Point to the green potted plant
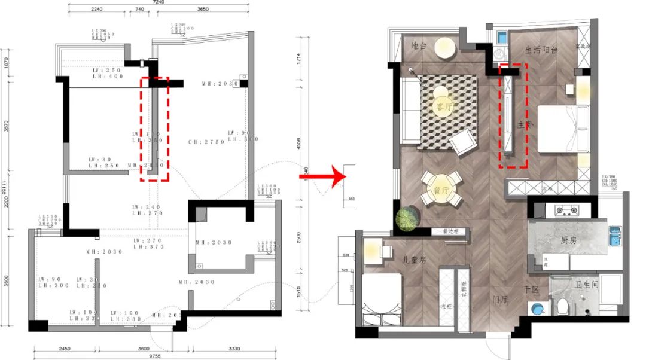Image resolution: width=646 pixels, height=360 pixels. pos(409,219)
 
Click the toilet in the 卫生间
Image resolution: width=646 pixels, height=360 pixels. pos(561,306)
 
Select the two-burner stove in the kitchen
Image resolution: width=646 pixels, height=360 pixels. pos(566,210)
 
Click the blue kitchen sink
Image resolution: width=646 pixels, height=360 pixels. pos(614,239)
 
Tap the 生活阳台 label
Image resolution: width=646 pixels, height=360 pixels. pos(541,50)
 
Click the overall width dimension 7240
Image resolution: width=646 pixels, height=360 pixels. pos(159,3)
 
